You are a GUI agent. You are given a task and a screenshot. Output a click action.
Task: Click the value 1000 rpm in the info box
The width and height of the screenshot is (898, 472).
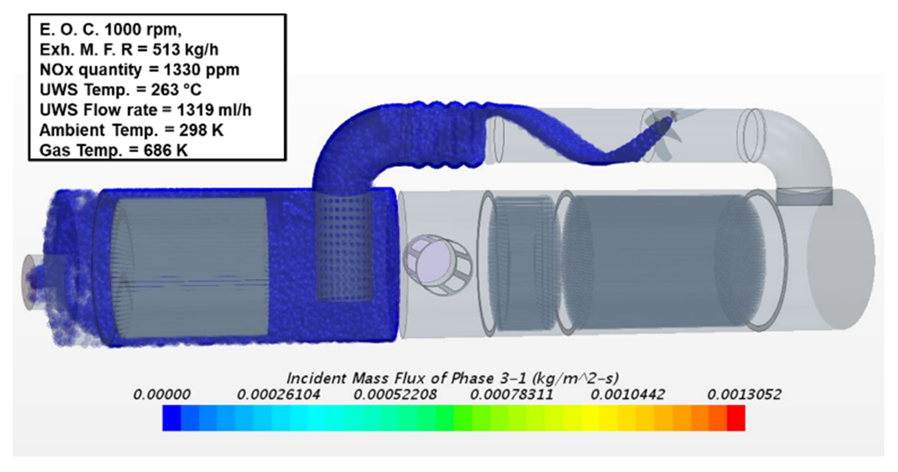pos(142,30)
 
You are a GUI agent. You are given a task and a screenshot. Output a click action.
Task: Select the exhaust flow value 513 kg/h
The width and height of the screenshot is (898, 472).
pos(185,50)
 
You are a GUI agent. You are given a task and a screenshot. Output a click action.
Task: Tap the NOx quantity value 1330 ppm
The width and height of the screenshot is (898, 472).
pos(201,70)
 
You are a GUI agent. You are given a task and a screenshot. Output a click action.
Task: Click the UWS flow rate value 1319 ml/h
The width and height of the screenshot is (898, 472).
pos(214,110)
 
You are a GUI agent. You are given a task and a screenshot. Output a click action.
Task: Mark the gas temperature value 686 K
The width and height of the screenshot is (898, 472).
pos(165,150)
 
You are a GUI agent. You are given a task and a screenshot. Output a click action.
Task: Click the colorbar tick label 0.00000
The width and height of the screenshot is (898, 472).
pos(161,394)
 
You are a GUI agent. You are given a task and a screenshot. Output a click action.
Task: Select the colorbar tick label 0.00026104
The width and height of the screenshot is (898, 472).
pos(278,394)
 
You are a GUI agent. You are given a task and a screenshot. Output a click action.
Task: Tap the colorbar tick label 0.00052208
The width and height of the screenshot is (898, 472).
pos(395,394)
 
